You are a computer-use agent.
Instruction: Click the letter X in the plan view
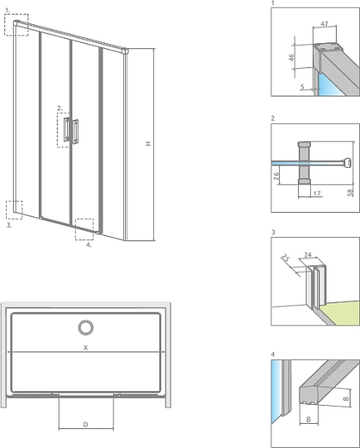tap(85, 347)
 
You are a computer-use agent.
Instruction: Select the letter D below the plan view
tap(84, 424)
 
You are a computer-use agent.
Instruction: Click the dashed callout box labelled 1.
tap(16, 24)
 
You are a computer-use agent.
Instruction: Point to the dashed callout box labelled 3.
tap(14, 210)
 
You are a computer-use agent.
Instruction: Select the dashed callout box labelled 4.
tap(84, 228)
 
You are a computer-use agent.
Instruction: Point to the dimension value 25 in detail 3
tap(285, 258)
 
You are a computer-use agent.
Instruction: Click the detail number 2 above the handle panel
tap(272, 118)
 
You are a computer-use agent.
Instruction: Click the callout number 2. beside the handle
tap(59, 109)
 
